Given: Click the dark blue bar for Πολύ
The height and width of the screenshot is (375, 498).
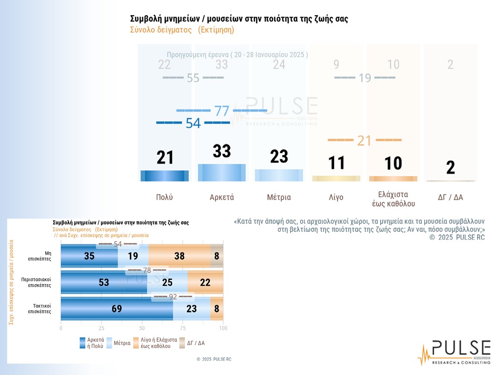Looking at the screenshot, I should (x=165, y=175).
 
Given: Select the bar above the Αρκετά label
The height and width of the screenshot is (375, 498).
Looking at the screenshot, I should (x=221, y=173).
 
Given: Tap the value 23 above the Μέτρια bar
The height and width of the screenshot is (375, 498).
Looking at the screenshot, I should (x=279, y=156).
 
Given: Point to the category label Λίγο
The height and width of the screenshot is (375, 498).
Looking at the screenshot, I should (x=336, y=197).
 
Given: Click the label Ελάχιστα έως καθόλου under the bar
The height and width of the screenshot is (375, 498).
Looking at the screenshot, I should (x=393, y=199).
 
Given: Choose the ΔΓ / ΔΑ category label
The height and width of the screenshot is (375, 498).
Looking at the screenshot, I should (x=450, y=197).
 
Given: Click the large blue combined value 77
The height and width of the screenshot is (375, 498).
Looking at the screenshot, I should (x=222, y=111).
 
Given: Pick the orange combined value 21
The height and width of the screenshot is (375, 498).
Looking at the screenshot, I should (x=364, y=140).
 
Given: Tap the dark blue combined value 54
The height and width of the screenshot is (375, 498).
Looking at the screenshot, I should (x=193, y=123).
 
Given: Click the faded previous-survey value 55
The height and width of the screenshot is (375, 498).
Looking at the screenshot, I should (x=193, y=78).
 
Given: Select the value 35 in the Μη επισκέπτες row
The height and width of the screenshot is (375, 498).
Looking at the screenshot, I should (x=89, y=256).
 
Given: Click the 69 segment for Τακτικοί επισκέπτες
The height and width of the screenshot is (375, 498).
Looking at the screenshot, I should (x=116, y=308).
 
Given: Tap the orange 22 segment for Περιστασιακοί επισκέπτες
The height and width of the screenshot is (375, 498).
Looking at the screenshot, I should (x=205, y=282).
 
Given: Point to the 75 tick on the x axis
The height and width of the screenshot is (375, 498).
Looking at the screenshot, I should (x=183, y=328).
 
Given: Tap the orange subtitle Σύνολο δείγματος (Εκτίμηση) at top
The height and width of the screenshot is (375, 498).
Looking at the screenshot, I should (x=182, y=30).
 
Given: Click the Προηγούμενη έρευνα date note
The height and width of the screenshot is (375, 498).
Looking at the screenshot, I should (x=237, y=55).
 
